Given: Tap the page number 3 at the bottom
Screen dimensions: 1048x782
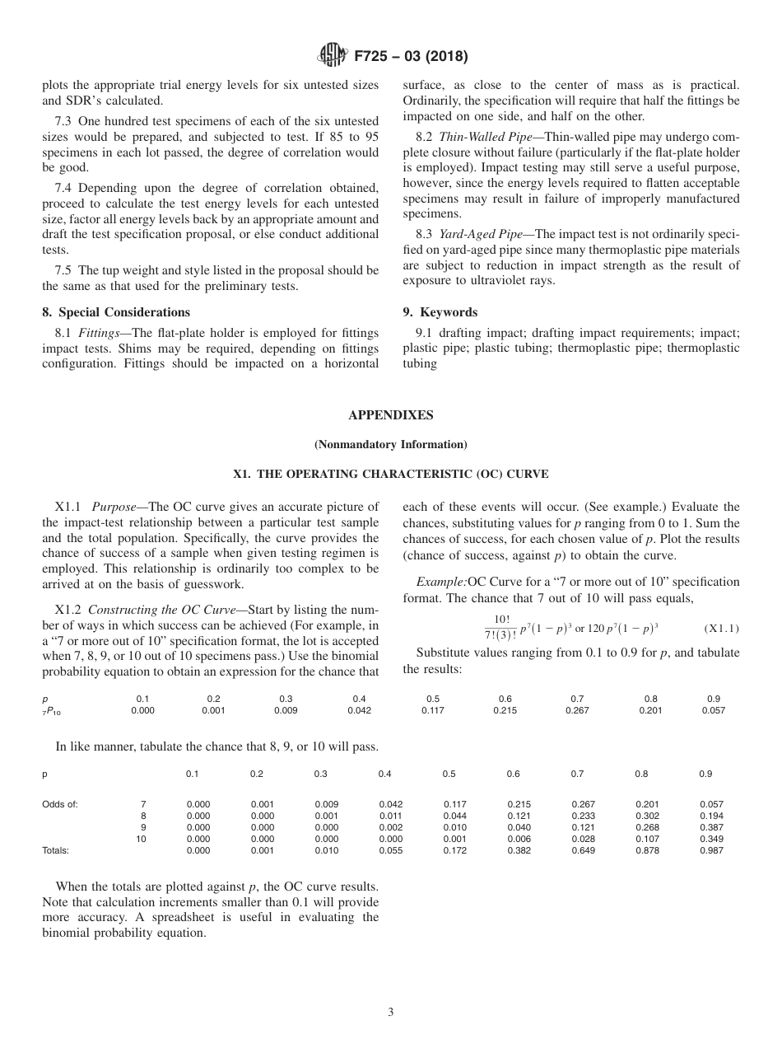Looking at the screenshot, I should (391, 1013).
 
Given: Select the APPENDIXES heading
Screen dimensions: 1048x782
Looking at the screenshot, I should (391, 415).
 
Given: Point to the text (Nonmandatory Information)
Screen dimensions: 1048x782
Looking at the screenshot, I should (391, 445).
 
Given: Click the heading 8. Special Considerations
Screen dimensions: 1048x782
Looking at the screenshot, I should (116, 312).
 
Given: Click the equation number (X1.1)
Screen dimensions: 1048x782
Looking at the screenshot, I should (721, 629).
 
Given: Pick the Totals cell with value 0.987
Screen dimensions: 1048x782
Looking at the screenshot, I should (711, 850).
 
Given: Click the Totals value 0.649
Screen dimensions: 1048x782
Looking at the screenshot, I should (583, 850).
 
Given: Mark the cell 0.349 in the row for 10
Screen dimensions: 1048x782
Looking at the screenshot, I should (711, 839).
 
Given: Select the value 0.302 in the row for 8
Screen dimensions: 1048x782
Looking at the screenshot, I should (647, 816).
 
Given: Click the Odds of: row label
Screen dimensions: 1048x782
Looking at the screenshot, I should (60, 804).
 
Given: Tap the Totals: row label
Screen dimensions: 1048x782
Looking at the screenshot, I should (55, 850).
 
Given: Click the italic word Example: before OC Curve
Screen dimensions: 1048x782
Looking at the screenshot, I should (441, 582).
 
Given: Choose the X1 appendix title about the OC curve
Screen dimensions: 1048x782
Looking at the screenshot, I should (391, 475).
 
